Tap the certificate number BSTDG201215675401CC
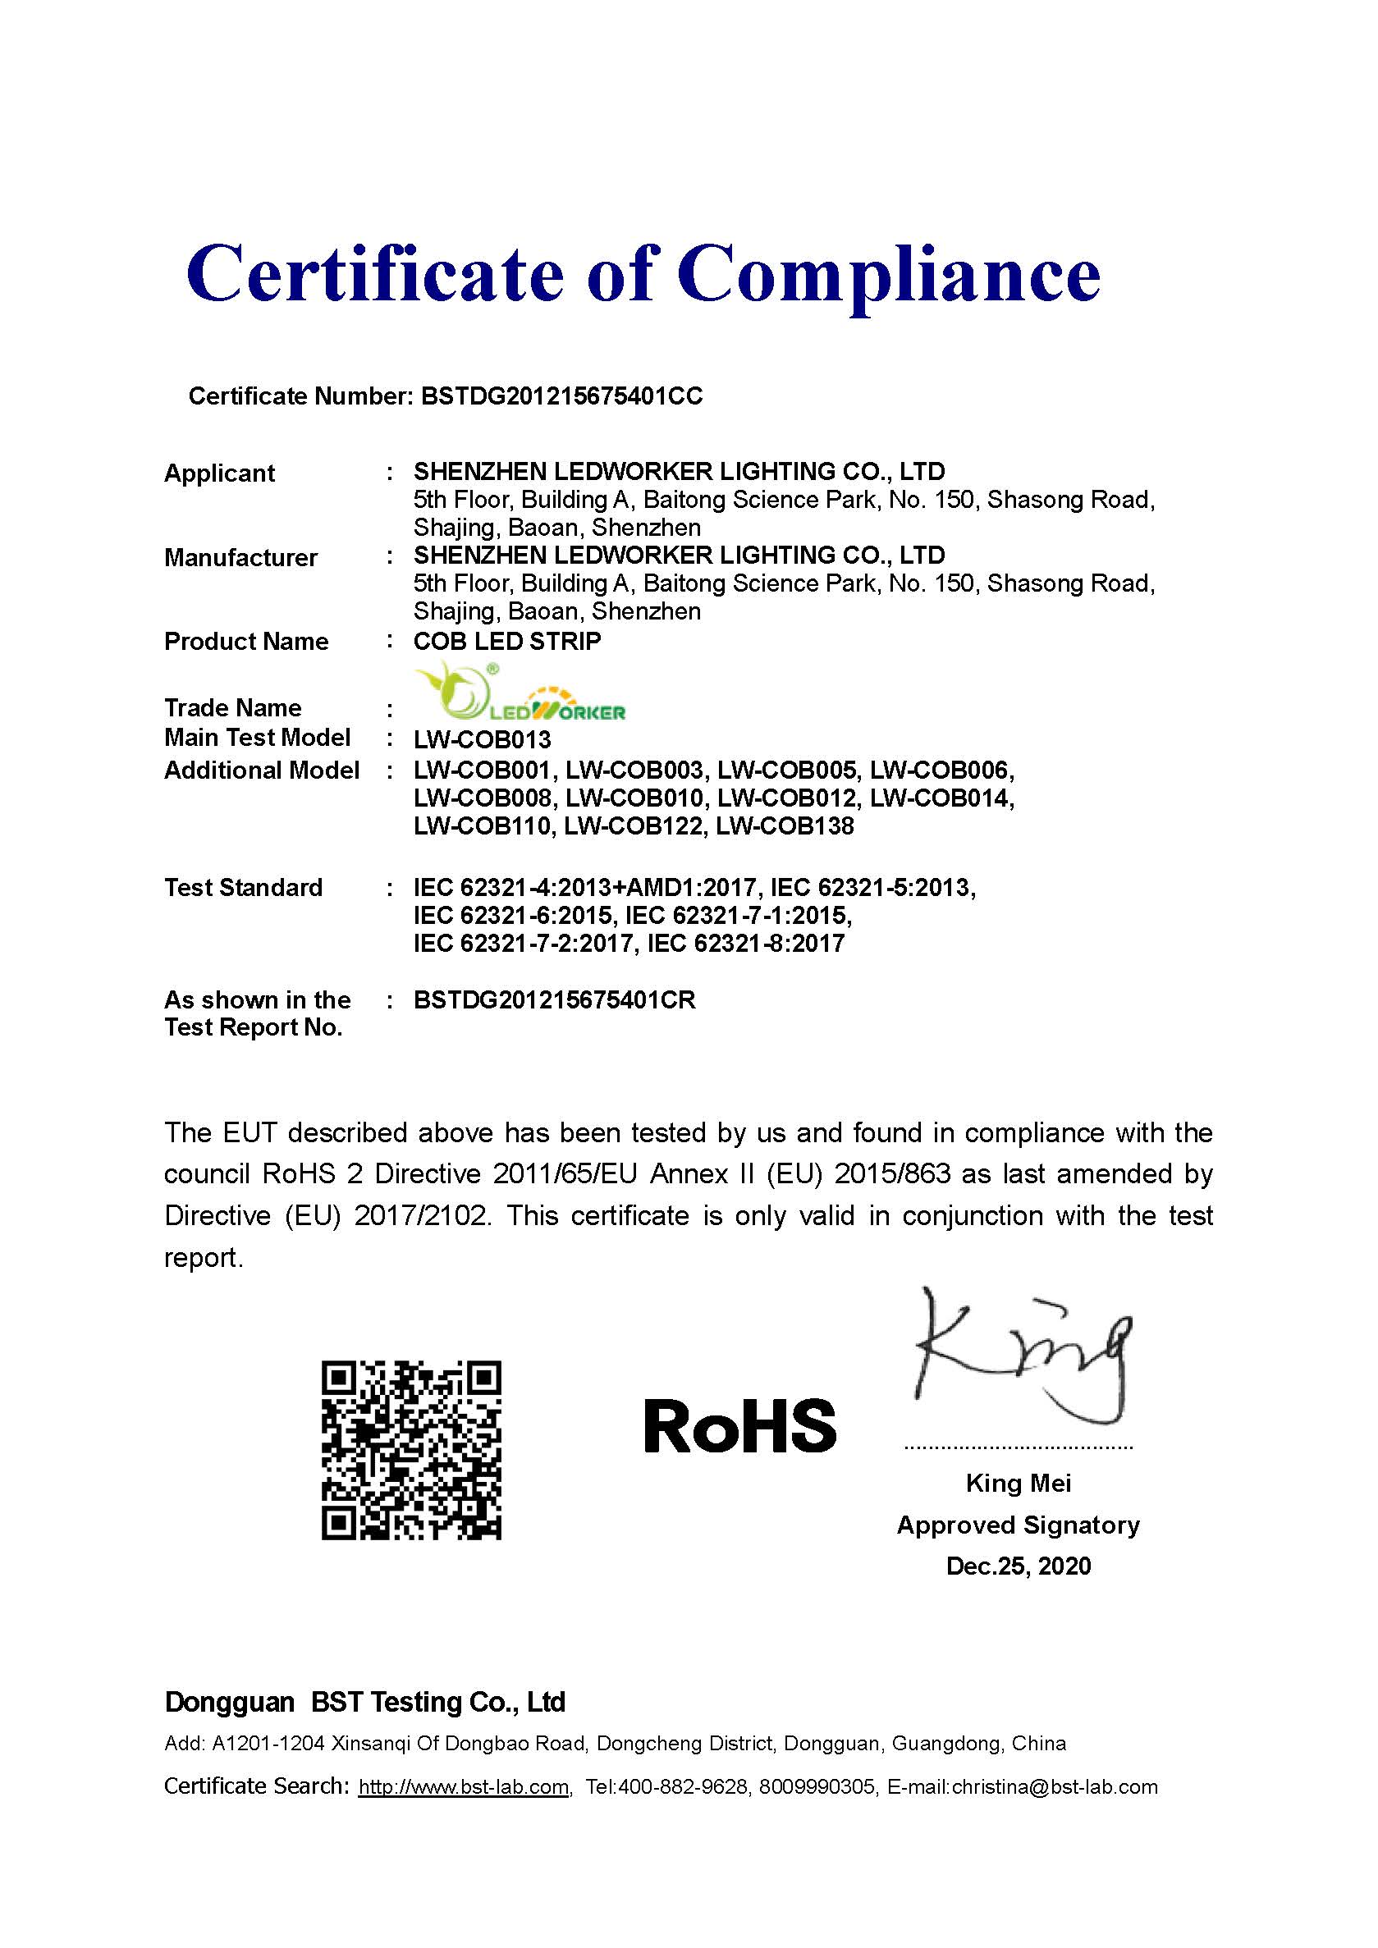(x=561, y=396)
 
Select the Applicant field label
(x=219, y=473)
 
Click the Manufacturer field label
(x=240, y=557)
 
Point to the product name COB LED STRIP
(x=506, y=642)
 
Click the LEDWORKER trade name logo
(x=520, y=693)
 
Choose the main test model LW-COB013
(x=482, y=740)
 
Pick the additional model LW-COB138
(x=785, y=826)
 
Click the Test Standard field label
(x=243, y=888)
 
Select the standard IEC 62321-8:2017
(x=746, y=944)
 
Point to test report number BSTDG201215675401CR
(x=554, y=1000)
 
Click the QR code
(x=411, y=1450)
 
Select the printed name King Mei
(x=1019, y=1483)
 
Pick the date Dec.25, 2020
(x=1019, y=1566)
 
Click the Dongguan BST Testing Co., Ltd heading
(x=365, y=1702)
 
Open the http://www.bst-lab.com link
(x=463, y=1787)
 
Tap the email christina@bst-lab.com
(x=1055, y=1787)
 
